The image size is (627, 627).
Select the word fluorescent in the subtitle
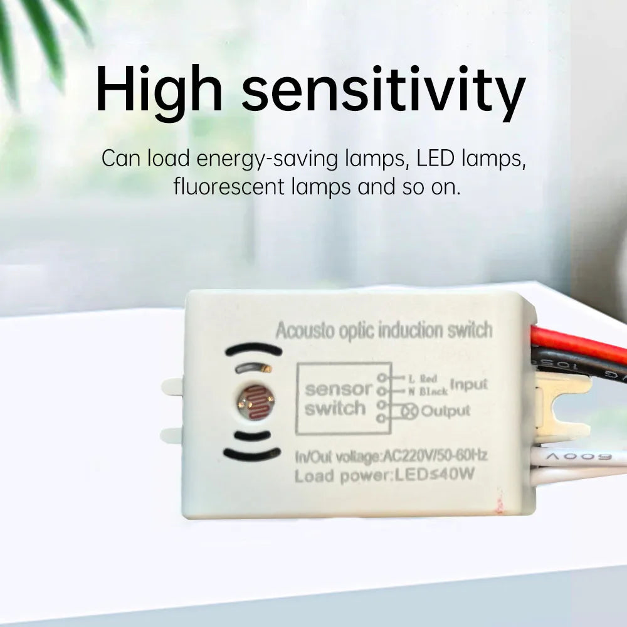[230, 186]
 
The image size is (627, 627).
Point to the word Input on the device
[468, 384]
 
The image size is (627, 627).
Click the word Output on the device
[445, 411]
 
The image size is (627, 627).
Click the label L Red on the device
[423, 379]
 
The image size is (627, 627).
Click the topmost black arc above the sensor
[253, 349]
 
